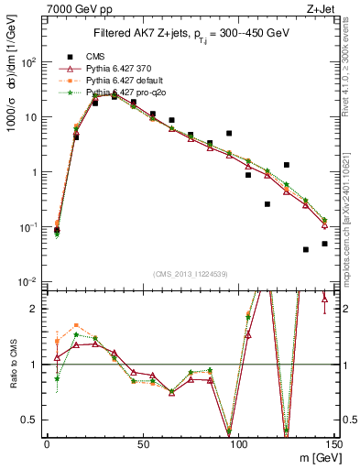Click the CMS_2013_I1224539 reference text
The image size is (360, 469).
[x=191, y=272]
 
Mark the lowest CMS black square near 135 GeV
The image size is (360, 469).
[x=306, y=249]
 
